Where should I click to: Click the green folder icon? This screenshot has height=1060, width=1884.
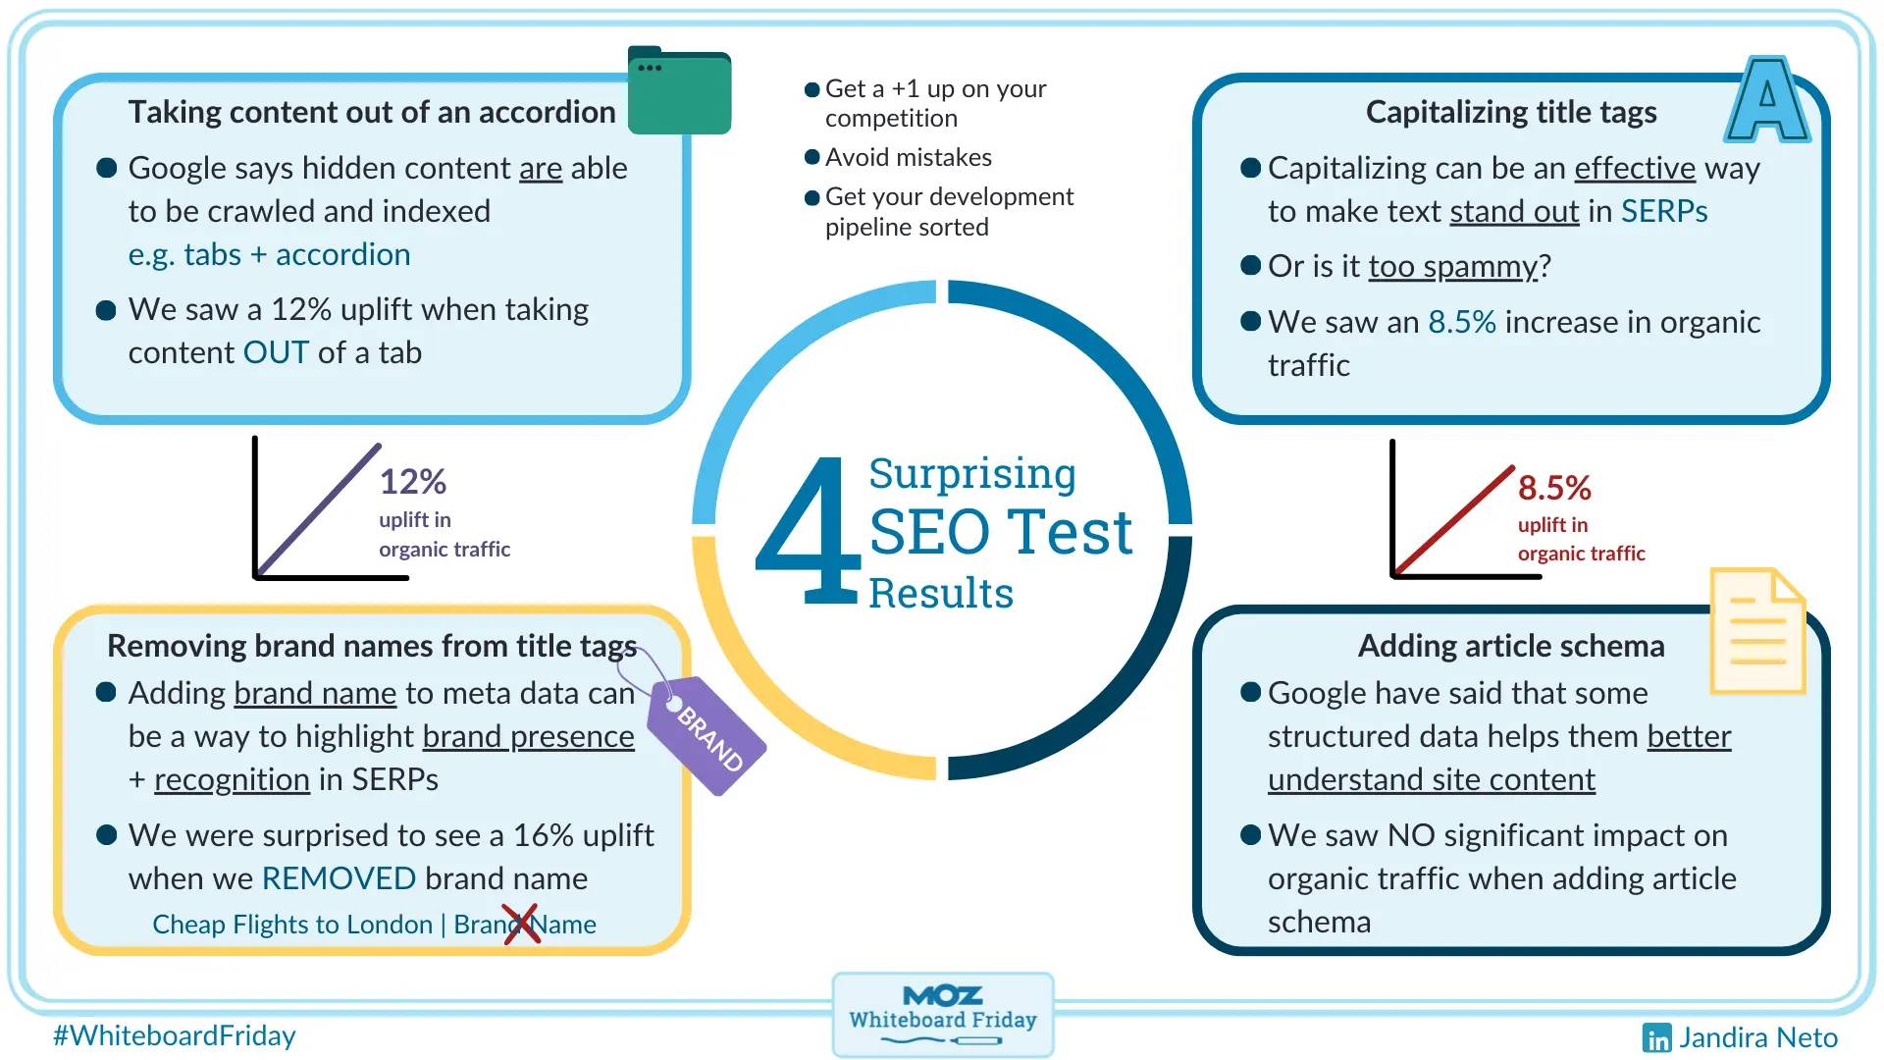[x=679, y=90]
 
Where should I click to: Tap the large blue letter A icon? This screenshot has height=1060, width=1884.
[x=1767, y=99]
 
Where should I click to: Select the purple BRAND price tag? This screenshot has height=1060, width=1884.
[x=706, y=734]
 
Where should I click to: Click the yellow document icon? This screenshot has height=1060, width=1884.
[x=1757, y=631]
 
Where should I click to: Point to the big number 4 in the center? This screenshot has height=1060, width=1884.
[x=808, y=530]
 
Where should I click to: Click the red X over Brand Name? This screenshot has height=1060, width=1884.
[x=521, y=924]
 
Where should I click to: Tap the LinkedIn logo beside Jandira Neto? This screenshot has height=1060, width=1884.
[x=1656, y=1037]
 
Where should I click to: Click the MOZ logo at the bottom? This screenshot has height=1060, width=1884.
[x=943, y=995]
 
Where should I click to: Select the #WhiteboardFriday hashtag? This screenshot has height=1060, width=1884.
[x=175, y=1035]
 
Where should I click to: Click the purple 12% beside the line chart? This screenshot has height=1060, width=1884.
[x=413, y=481]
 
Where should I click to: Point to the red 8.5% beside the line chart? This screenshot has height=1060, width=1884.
[x=1554, y=487]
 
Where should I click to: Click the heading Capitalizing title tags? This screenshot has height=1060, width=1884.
[x=1511, y=112]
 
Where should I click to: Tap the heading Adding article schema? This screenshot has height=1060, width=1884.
[x=1511, y=646]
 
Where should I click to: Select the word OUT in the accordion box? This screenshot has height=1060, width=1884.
[x=276, y=352]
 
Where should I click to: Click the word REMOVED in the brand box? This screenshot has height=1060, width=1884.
[x=340, y=878]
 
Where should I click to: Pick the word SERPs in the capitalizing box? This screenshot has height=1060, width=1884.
[x=1664, y=211]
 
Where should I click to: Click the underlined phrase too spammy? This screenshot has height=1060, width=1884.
[x=1453, y=267]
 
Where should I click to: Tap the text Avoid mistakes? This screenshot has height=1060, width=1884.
[x=909, y=157]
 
